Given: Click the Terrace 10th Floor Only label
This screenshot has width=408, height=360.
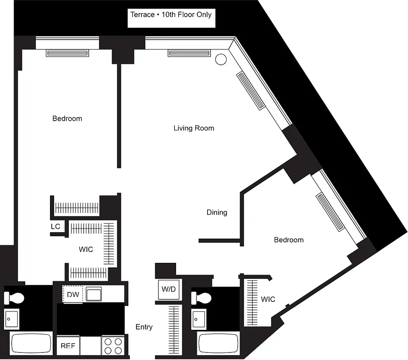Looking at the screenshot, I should point(171,14).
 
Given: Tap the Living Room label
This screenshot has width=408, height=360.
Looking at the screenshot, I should point(194,128).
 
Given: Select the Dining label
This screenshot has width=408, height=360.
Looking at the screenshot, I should point(217,212).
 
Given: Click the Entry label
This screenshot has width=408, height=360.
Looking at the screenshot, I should point(144,327).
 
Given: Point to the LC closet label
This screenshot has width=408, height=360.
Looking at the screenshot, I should point(55,227).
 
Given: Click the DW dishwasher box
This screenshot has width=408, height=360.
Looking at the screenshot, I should point(73,295).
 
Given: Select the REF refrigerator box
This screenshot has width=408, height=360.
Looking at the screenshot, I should point(68,346).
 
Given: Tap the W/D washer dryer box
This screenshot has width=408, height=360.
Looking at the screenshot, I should point(168,289).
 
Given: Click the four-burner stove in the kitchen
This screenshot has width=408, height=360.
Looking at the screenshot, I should point(113,346).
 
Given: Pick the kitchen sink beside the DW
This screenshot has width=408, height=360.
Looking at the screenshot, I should point(95,294).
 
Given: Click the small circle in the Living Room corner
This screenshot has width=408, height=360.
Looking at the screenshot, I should point(220,59).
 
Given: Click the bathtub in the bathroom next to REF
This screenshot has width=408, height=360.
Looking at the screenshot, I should point(31,344).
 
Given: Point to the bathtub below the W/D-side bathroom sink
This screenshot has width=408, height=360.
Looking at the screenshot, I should point(218,344).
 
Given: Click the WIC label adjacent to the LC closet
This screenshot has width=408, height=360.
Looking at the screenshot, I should point(86,249).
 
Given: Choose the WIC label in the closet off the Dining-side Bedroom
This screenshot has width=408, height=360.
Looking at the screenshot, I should point(267,299).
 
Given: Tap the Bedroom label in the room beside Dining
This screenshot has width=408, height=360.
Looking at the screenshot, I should point(289,240).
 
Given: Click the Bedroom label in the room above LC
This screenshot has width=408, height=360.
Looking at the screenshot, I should point(67,119).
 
